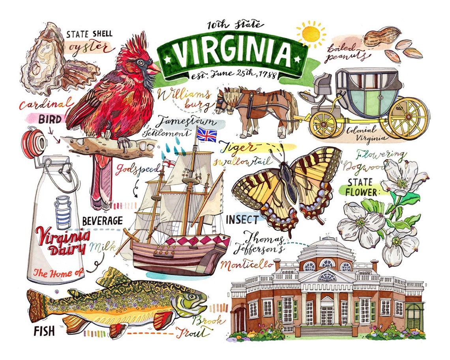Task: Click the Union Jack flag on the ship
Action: pyautogui.click(x=206, y=134)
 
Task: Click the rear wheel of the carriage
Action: pyautogui.click(x=407, y=117)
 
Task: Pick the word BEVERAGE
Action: pyautogui.click(x=103, y=220)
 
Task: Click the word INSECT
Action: pyautogui.click(x=242, y=219)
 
